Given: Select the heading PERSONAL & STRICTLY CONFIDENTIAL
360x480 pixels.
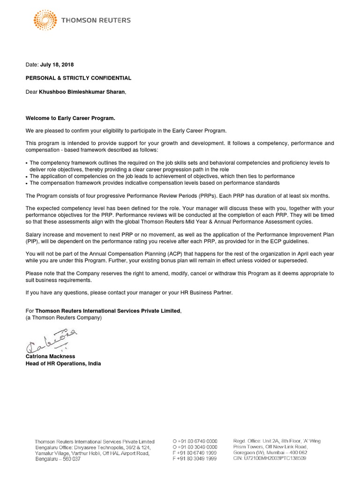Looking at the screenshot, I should (78, 78).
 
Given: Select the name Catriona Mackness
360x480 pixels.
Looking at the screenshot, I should (51, 357).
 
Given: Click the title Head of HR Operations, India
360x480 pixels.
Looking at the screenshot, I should (63, 363).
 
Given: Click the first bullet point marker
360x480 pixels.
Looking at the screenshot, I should (27, 163).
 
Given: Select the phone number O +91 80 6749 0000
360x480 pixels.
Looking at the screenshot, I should (195, 442).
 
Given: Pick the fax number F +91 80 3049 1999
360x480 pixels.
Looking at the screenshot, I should (195, 459).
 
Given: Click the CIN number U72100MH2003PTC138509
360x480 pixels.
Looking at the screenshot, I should (270, 458).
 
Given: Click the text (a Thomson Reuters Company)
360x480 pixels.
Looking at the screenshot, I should (63, 317).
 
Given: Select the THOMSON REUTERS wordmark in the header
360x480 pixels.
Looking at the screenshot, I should (97, 20).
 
